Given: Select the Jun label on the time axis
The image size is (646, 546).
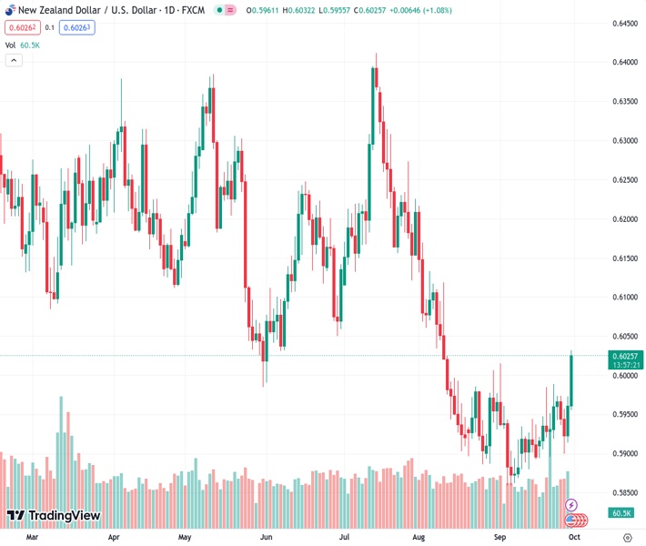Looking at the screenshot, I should coord(266,537).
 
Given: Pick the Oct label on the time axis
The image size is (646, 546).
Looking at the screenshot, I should coord(574,537).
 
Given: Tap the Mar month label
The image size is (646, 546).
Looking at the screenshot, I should coord(33,537).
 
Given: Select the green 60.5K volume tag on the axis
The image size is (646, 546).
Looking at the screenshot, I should coord(621,513).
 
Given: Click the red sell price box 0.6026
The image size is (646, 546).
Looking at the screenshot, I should coord(21,27).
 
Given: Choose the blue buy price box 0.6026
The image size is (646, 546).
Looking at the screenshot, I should coord(77,27).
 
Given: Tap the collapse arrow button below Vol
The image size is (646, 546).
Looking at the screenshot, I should coord(14,60).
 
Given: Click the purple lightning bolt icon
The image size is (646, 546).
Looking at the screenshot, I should coord(571,504).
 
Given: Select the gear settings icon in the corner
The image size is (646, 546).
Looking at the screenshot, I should coord(627,537).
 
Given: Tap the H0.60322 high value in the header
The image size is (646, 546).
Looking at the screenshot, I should coord(295,10).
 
